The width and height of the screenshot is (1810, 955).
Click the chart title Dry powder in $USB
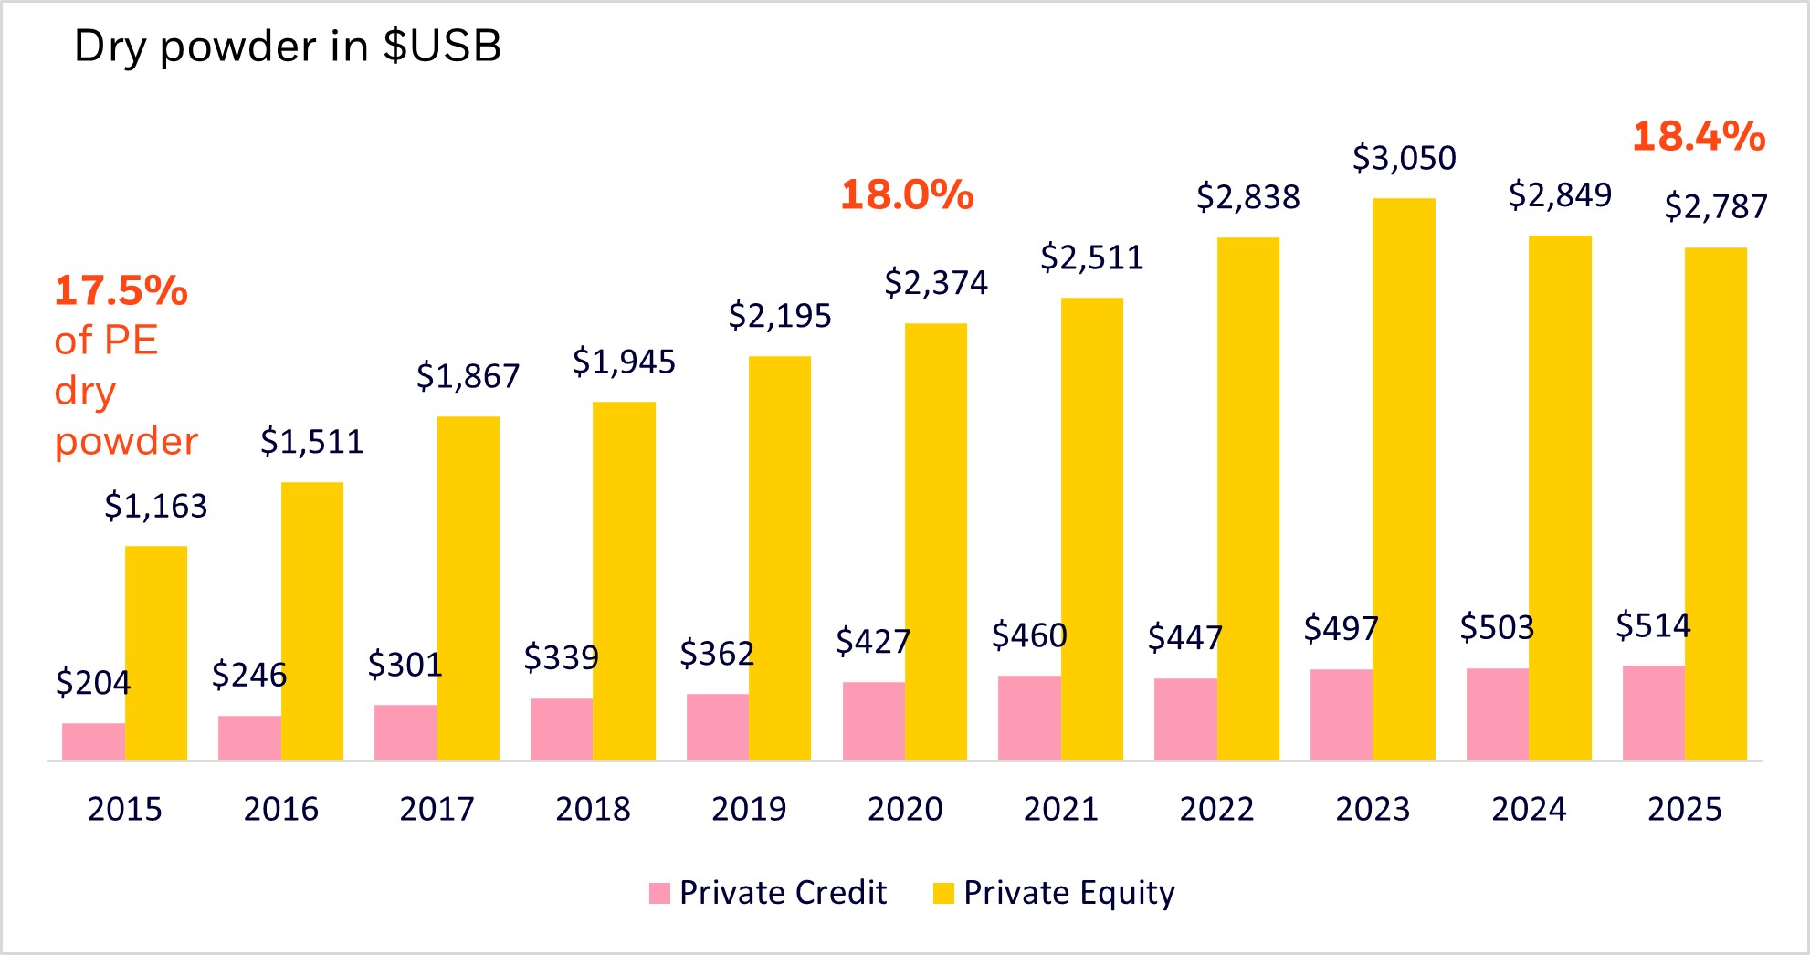pos(287,46)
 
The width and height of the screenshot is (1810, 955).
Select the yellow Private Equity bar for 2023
pos(1404,479)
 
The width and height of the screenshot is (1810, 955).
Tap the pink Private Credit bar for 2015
pos(93,741)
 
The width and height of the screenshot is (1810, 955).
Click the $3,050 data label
pos(1404,159)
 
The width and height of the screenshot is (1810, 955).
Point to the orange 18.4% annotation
pos(1699,137)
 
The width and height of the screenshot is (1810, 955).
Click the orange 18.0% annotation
pos(907,195)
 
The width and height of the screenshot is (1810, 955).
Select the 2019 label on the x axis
pos(749,809)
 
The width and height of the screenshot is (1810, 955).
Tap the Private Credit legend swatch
pos(659,893)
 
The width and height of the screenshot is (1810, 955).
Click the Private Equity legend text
pos(1068,893)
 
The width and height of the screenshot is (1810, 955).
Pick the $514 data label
pos(1653,626)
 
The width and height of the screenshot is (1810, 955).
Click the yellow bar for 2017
pos(468,588)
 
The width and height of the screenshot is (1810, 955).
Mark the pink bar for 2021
pos(1029,718)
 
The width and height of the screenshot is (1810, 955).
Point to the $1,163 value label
pos(156,506)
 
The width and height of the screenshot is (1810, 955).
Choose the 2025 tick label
pos(1685,809)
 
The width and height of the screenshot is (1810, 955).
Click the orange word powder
pos(126,442)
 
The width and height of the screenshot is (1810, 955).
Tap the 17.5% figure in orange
pos(121,291)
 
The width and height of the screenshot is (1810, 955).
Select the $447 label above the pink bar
pos(1184,637)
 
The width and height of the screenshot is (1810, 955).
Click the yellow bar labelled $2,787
pos(1715,503)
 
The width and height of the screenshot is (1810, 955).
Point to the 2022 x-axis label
pos(1216,809)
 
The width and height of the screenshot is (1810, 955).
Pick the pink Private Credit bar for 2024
pos(1498,714)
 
